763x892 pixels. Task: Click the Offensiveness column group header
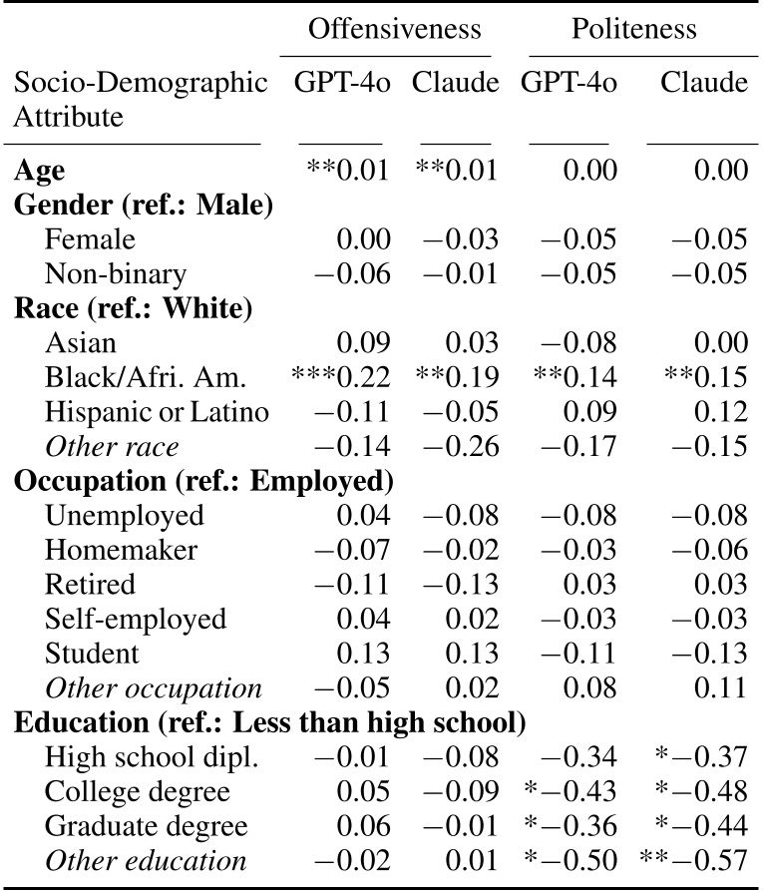394,29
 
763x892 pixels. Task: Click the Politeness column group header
633,29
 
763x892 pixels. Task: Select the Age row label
39,170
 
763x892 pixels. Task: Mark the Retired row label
90,585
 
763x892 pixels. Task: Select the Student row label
92,654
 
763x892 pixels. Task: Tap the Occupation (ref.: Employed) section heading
199,481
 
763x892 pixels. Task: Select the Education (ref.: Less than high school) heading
269,722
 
